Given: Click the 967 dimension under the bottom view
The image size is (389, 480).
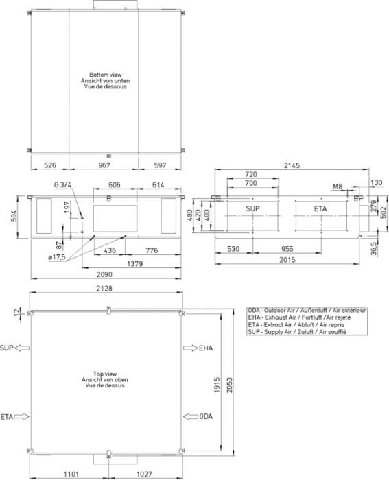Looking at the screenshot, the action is (x=104, y=165).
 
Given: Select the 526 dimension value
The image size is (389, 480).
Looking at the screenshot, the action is (x=50, y=165).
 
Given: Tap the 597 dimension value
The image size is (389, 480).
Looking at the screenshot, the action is (x=160, y=165).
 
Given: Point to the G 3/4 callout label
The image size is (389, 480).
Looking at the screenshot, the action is (x=62, y=185).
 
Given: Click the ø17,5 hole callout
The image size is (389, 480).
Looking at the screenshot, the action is (x=57, y=257).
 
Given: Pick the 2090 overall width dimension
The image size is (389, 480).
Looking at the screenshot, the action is (x=104, y=274).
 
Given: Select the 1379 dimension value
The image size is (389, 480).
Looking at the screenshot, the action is (x=134, y=263).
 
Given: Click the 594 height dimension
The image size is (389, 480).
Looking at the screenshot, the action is (x=14, y=217).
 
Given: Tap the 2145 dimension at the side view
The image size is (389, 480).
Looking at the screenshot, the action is (x=292, y=166).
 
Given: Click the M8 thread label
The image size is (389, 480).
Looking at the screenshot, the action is (x=338, y=187).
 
